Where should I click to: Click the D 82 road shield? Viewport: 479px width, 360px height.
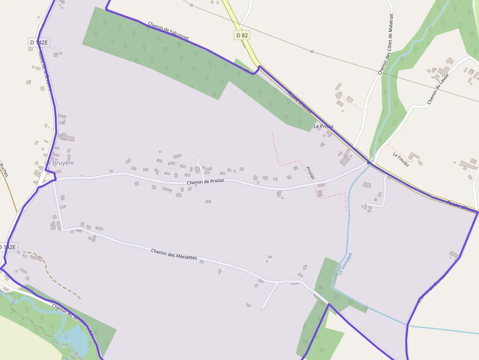(x=242, y=35)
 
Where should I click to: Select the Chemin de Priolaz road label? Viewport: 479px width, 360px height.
(x=205, y=182)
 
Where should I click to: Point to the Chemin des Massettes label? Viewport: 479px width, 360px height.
(x=174, y=254)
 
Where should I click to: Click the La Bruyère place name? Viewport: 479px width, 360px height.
(x=59, y=163)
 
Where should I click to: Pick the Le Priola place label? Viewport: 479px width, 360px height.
(x=323, y=126)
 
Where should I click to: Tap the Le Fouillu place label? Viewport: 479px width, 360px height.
(x=400, y=159)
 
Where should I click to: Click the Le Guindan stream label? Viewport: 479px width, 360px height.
(x=342, y=264)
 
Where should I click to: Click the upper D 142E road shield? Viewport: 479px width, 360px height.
(x=39, y=42)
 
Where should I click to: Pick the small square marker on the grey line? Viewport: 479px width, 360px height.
(x=191, y=5)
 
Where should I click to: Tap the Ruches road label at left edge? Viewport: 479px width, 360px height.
(x=4, y=169)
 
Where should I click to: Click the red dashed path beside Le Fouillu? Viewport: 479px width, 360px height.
(x=397, y=149)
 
